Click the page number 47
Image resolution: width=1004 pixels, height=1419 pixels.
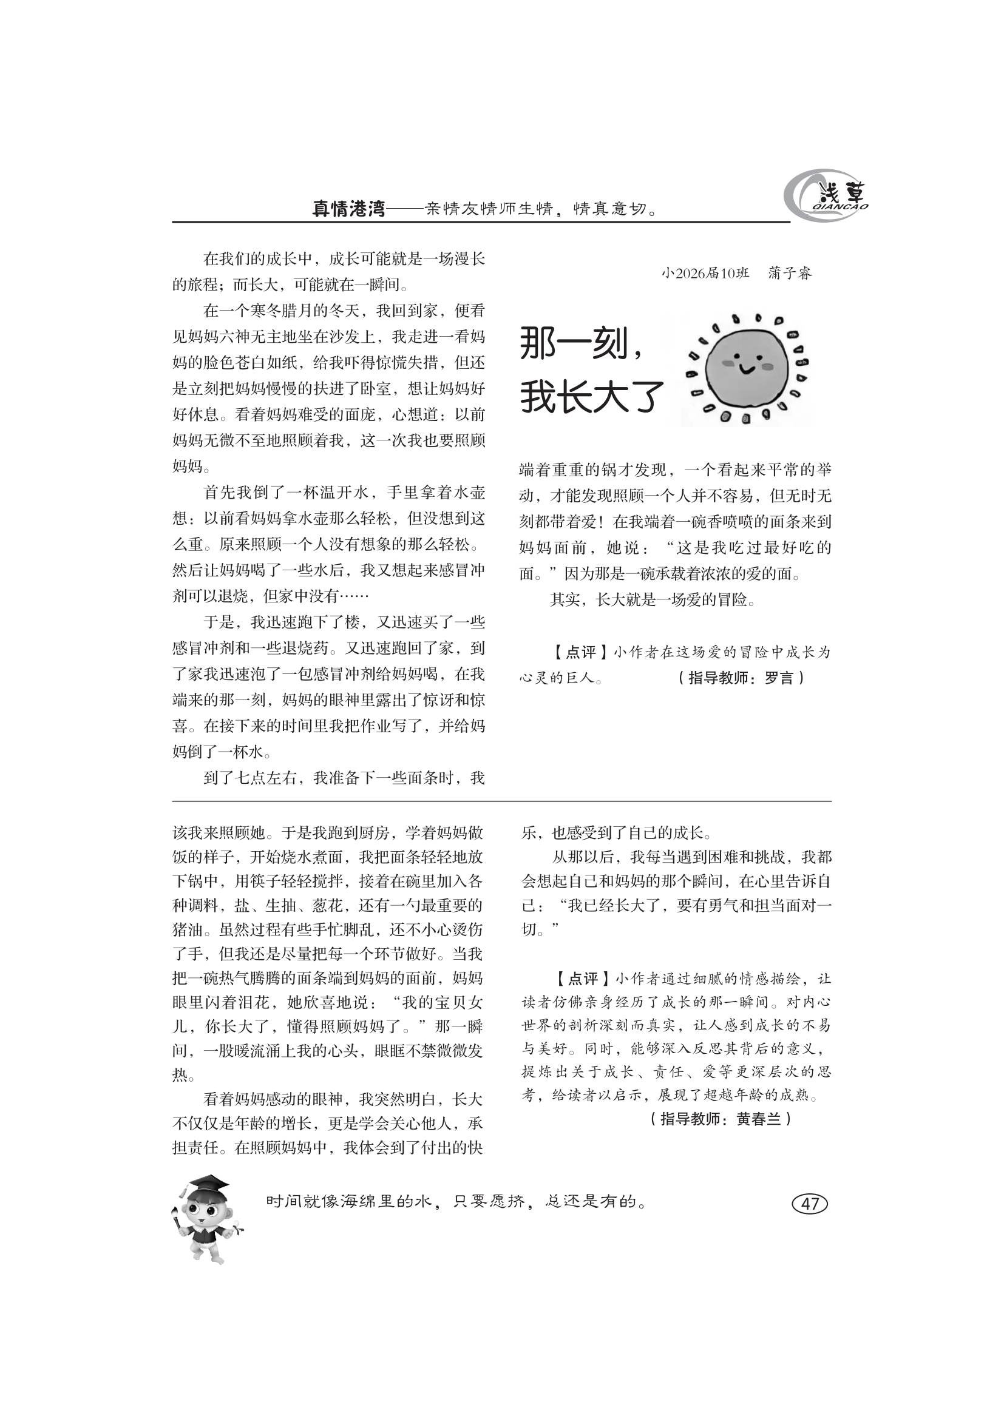pyautogui.click(x=809, y=1203)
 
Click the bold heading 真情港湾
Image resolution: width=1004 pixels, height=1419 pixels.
pyautogui.click(x=348, y=209)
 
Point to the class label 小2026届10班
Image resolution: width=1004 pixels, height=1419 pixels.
pyautogui.click(x=705, y=273)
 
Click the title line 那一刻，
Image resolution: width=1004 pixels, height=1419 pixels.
pyautogui.click(x=581, y=343)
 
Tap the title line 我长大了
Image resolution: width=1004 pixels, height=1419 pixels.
pyautogui.click(x=592, y=397)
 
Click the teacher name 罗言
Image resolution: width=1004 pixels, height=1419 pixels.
pyautogui.click(x=778, y=678)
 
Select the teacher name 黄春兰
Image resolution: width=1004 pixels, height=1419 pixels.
pyautogui.click(x=759, y=1119)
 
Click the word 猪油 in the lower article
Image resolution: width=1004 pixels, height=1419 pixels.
pyautogui.click(x=188, y=929)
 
